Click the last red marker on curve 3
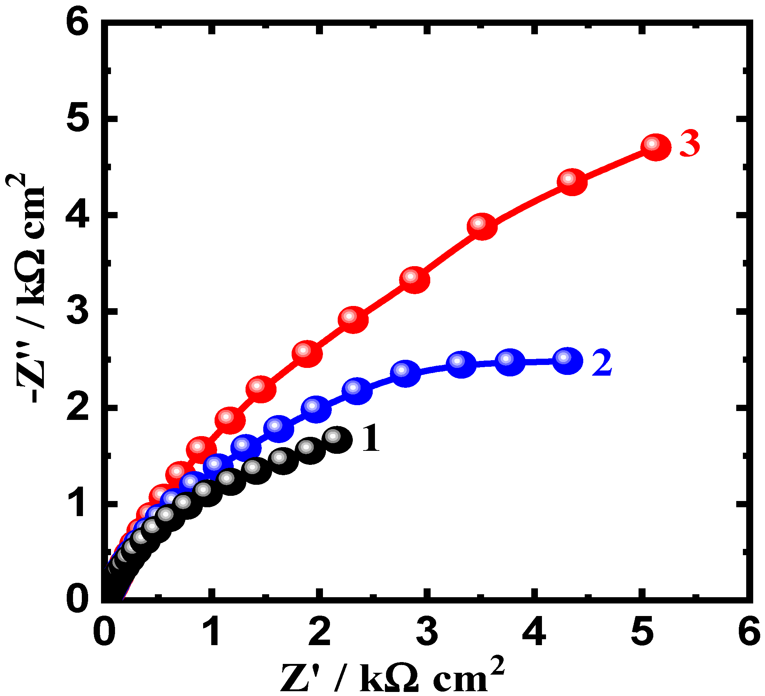coord(656,147)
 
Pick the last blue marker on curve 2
coord(567,360)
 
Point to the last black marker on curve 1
coord(337,439)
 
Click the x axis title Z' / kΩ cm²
coord(393,675)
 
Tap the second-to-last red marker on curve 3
coord(572,182)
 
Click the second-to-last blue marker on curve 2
coord(510,362)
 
